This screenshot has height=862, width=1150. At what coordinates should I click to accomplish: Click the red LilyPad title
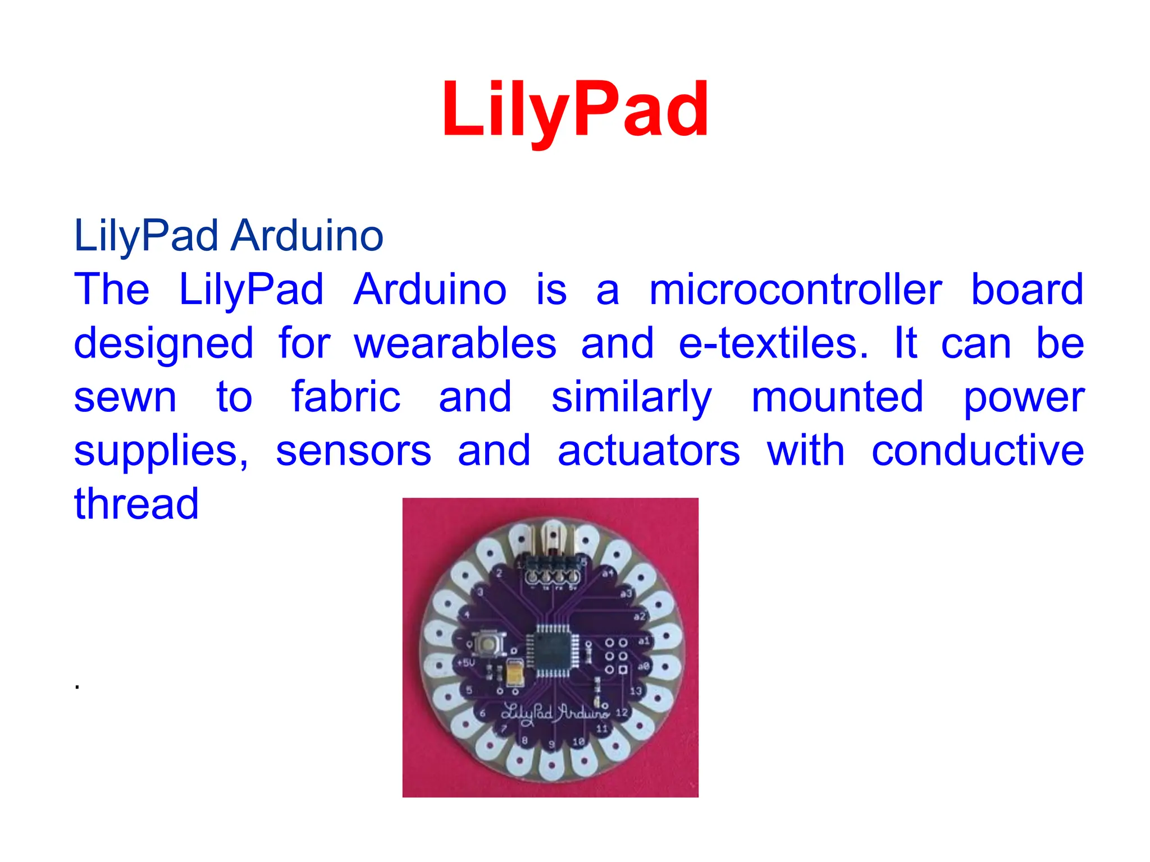pos(574,109)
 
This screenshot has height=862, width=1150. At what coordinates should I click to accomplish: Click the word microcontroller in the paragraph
pos(795,290)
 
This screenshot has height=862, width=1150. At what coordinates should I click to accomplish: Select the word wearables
pos(455,343)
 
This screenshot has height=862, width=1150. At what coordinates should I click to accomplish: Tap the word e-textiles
pos(773,343)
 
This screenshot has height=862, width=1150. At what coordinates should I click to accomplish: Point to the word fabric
pos(345,397)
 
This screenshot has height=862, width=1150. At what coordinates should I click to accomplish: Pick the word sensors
pos(353,451)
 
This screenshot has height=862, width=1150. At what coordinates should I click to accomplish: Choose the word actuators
pos(649,451)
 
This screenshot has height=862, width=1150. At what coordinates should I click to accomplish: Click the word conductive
pos(977,451)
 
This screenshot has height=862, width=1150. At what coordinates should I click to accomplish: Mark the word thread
pos(136,503)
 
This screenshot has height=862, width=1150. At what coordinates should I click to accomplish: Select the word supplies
pos(160,452)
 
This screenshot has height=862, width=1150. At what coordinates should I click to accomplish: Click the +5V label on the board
pos(466,663)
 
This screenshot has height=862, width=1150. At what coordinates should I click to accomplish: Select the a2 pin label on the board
pos(640,616)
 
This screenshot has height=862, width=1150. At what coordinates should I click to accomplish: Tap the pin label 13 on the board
pos(635,691)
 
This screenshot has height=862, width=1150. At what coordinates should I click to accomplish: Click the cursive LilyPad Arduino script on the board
pos(555,713)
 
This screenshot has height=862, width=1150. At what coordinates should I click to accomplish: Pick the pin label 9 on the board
pos(551,744)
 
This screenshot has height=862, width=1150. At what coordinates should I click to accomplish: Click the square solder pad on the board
pos(623,669)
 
